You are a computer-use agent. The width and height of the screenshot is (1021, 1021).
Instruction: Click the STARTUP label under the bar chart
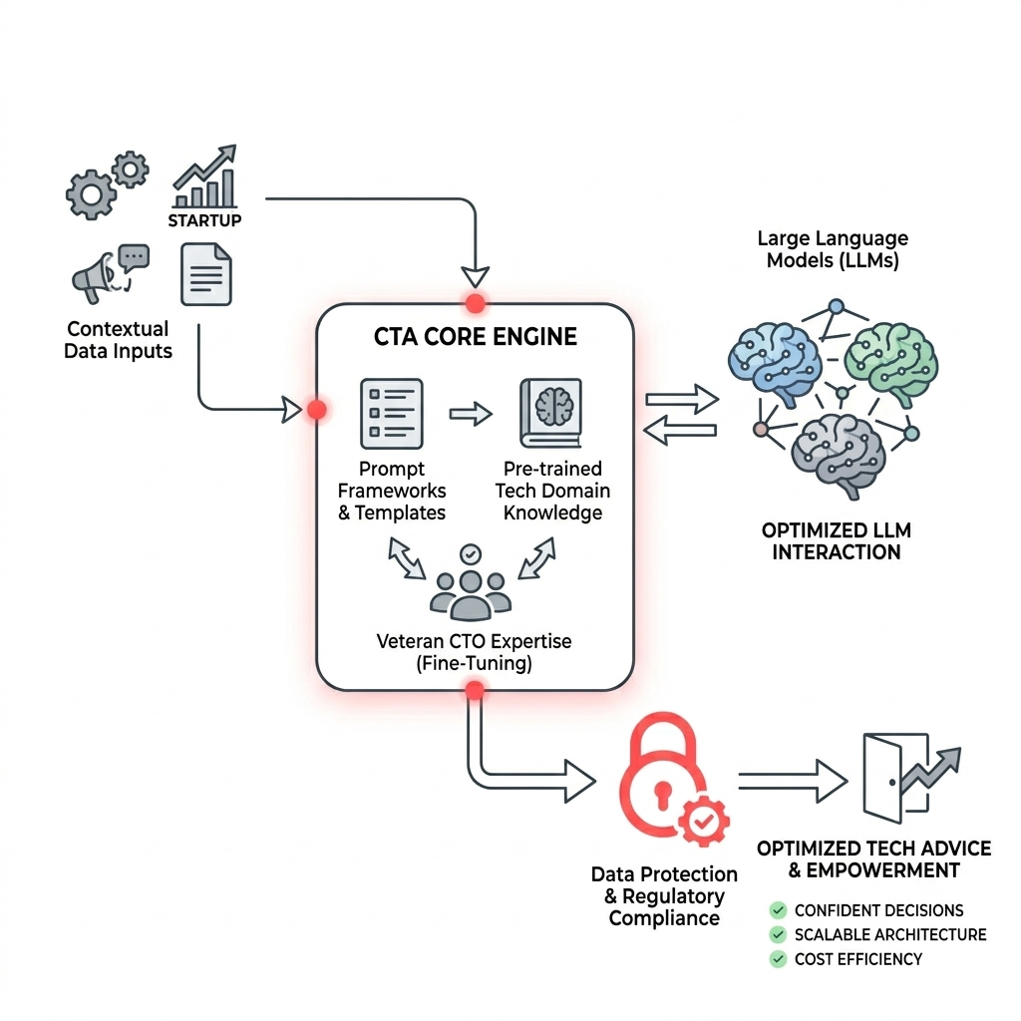click(203, 219)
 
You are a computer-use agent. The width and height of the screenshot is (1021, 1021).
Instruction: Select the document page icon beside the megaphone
click(205, 274)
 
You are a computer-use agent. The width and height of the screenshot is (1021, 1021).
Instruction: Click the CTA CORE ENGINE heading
click(476, 336)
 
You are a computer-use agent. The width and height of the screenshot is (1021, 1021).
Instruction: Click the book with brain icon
click(550, 413)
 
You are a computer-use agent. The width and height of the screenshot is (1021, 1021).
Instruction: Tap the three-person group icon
click(470, 582)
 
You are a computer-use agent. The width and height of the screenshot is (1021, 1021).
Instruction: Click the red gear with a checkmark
click(703, 820)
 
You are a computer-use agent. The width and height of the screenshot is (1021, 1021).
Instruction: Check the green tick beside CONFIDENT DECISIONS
click(778, 910)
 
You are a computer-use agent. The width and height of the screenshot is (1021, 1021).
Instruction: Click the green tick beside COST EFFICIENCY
click(778, 959)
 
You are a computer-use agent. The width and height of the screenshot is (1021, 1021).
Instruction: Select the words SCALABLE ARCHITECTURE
click(890, 935)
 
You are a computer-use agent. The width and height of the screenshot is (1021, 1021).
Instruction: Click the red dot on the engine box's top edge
click(476, 303)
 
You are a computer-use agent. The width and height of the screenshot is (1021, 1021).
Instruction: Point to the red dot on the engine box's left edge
click(317, 409)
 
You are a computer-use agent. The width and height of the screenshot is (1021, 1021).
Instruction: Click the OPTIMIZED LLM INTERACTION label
click(836, 540)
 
